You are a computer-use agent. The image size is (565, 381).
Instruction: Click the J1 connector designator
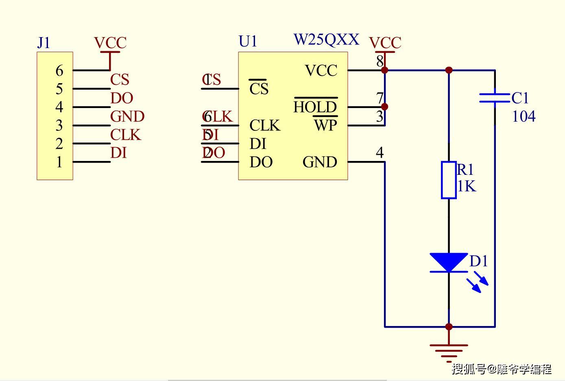[x=44, y=43]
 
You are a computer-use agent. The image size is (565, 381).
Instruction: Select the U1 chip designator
[x=248, y=41]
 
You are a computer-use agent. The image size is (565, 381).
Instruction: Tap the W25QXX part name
[x=326, y=40]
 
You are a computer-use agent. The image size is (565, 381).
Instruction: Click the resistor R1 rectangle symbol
[x=449, y=180]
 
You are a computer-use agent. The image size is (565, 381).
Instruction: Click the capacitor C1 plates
[x=495, y=98]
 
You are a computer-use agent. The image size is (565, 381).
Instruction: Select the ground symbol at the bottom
[x=449, y=350]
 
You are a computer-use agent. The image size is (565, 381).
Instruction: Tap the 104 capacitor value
[x=524, y=117]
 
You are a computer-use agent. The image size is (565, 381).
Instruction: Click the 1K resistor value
[x=467, y=186]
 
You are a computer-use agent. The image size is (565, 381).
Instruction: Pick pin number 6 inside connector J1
[x=59, y=70]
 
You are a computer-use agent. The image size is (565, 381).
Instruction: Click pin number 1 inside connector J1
[x=59, y=162]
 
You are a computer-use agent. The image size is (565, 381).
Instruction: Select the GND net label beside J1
[x=127, y=117]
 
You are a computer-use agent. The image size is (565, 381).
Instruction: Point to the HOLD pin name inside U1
[x=315, y=107]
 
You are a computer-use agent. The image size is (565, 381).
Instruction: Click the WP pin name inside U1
[x=325, y=126]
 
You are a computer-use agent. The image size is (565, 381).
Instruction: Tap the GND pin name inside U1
[x=320, y=162]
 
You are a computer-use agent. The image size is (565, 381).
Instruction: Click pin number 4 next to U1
[x=380, y=153]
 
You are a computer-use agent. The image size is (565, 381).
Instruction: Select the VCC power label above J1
[x=110, y=43]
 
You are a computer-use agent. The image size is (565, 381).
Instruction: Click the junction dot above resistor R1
[x=449, y=70]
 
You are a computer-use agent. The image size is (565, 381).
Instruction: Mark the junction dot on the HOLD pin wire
[x=385, y=107]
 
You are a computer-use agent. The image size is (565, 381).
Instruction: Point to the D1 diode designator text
[x=478, y=261]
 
